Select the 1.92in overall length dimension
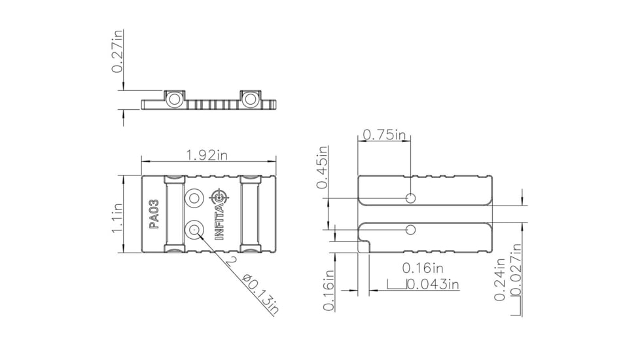coord(207,155)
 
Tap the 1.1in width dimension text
coord(118,218)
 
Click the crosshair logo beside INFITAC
coord(219,196)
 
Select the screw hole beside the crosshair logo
coord(194,198)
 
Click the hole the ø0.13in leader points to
coord(194,229)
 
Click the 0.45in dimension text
coord(321,168)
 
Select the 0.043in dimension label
coord(433,285)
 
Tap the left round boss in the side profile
coord(174,99)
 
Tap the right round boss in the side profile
coord(249,99)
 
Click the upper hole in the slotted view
coord(411,198)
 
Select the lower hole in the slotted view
coord(411,229)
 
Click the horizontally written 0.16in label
coord(423,268)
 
